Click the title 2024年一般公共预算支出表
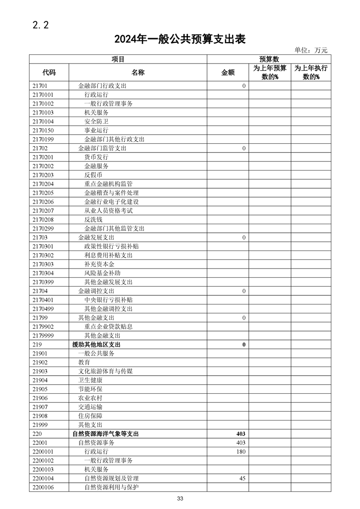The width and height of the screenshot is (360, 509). click(180, 39)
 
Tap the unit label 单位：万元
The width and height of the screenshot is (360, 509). click(311, 51)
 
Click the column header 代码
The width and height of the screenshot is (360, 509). click(49, 72)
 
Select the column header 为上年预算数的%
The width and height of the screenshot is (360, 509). click(270, 72)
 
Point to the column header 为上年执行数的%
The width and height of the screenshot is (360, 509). click(311, 72)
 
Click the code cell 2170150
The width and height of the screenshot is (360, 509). click(43, 130)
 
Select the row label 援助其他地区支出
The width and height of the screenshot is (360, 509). click(96, 345)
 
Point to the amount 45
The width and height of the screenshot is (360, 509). click(242, 479)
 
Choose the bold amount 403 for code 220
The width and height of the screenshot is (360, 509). click(241, 434)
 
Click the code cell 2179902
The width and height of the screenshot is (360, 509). click(43, 327)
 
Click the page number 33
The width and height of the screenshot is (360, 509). click(180, 499)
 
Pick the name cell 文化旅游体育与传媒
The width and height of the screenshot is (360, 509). click(105, 372)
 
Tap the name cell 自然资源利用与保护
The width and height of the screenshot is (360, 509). click(111, 488)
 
